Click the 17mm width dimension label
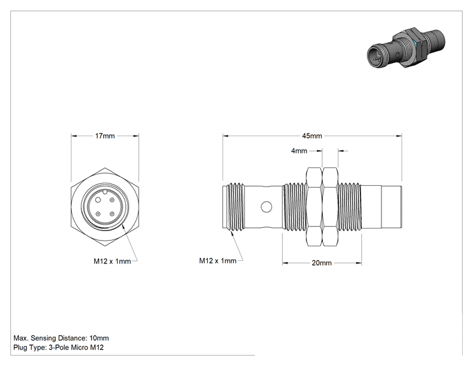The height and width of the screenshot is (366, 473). tap(105, 136)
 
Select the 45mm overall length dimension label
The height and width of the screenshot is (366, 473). tap(312, 136)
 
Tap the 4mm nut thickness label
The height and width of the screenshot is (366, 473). tap(299, 151)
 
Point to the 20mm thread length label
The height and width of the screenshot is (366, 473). tap(322, 263)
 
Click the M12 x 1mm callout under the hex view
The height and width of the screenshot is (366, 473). tap(113, 261)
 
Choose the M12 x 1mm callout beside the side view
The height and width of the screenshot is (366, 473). tap(218, 260)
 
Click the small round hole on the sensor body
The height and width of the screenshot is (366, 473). tap(266, 207)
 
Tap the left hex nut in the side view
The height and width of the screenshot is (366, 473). tap(314, 207)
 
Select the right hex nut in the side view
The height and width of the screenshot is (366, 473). tap(330, 207)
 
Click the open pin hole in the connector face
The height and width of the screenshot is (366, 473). tap(98, 200)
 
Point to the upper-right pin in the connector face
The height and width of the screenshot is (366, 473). tap(112, 200)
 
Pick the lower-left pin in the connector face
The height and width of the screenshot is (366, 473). tap(98, 214)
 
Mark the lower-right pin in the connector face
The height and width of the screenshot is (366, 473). tap(112, 214)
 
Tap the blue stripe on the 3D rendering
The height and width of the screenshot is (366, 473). tap(416, 44)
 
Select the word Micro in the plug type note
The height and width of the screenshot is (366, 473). tap(79, 348)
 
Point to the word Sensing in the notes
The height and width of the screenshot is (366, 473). tap(44, 338)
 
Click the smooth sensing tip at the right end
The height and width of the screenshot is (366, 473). tap(392, 207)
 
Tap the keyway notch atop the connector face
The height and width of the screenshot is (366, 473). tap(104, 192)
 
